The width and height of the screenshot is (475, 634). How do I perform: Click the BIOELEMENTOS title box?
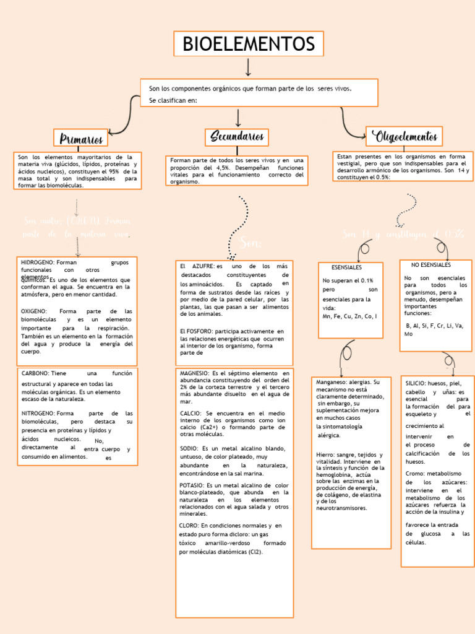coord(248,44)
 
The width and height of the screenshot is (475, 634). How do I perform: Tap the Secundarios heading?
coord(237,136)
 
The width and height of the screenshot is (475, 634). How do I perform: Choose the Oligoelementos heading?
coord(404,136)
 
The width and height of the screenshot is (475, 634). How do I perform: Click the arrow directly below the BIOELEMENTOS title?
coord(248,67)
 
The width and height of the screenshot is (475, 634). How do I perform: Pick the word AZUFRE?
coord(203,266)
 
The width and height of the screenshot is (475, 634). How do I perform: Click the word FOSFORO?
coord(199,331)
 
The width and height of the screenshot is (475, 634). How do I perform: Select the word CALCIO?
coord(190,413)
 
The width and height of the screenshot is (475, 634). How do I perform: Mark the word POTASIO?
coord(192,485)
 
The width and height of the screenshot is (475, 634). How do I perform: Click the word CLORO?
coord(189,525)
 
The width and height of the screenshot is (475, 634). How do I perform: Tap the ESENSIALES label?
coord(346,267)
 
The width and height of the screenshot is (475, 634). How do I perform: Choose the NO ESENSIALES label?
coord(431,265)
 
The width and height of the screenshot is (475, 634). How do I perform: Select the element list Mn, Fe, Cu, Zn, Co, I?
coord(349,316)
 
